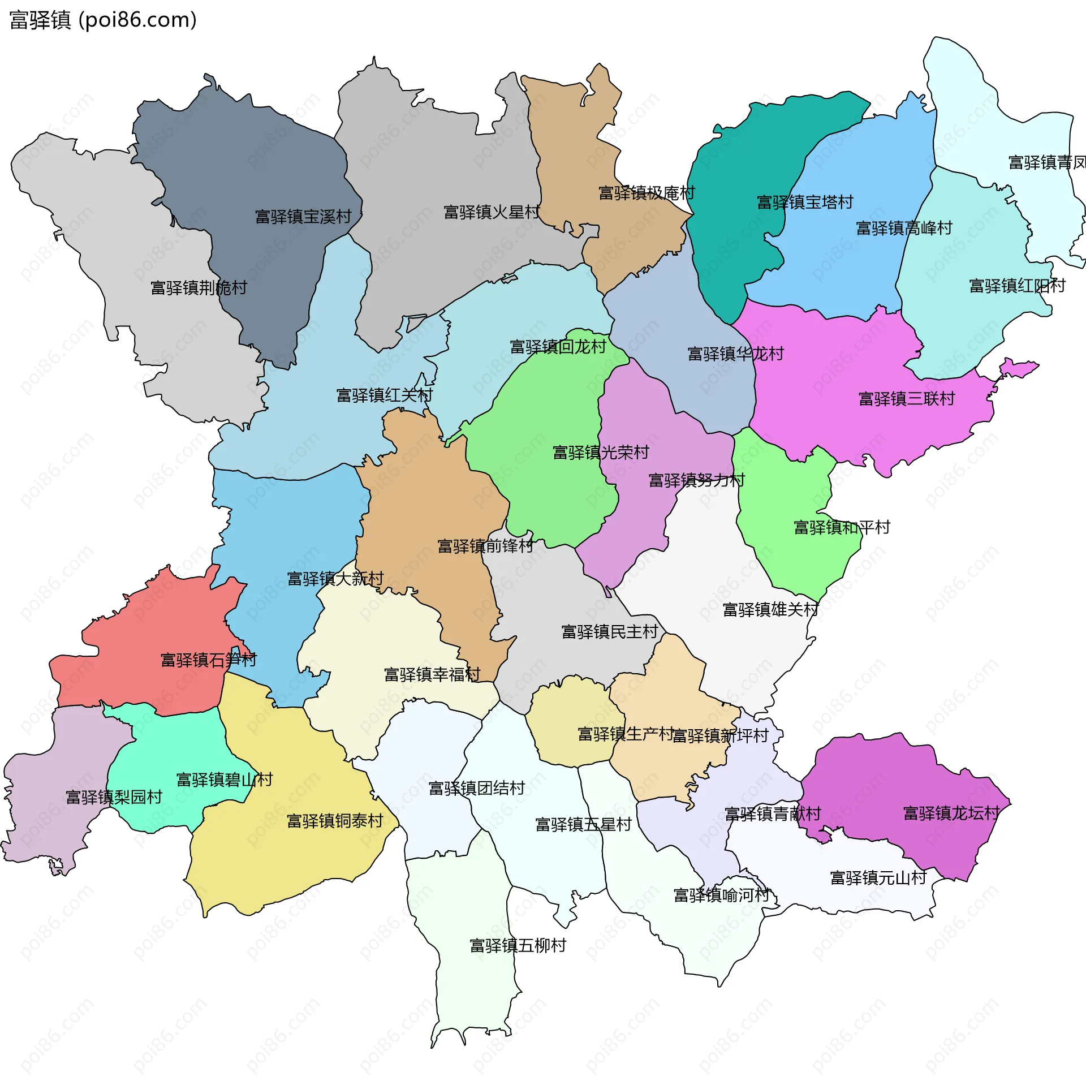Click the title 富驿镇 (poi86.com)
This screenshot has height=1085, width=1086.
click(103, 20)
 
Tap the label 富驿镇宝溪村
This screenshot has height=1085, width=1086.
click(303, 217)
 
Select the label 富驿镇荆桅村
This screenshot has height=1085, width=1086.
click(199, 288)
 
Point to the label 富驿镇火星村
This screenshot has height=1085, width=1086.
click(492, 212)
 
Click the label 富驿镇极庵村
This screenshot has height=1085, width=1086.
click(647, 193)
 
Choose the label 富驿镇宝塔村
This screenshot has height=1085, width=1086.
click(805, 202)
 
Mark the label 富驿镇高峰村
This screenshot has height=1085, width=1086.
click(904, 228)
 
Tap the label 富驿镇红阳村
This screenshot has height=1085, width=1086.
click(1017, 286)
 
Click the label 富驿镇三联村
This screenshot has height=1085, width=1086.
click(906, 399)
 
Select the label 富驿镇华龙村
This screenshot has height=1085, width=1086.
click(735, 354)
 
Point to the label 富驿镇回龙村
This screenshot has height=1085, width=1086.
click(558, 347)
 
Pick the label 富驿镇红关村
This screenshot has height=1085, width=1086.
click(385, 395)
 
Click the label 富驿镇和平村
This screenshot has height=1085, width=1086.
click(842, 527)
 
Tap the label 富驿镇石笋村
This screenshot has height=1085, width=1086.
click(208, 660)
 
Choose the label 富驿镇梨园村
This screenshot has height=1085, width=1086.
click(114, 797)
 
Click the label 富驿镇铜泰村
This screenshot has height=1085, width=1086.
click(335, 820)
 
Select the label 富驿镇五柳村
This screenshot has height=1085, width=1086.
click(518, 945)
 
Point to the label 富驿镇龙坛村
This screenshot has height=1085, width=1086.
click(951, 813)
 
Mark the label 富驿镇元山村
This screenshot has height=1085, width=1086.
click(878, 877)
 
